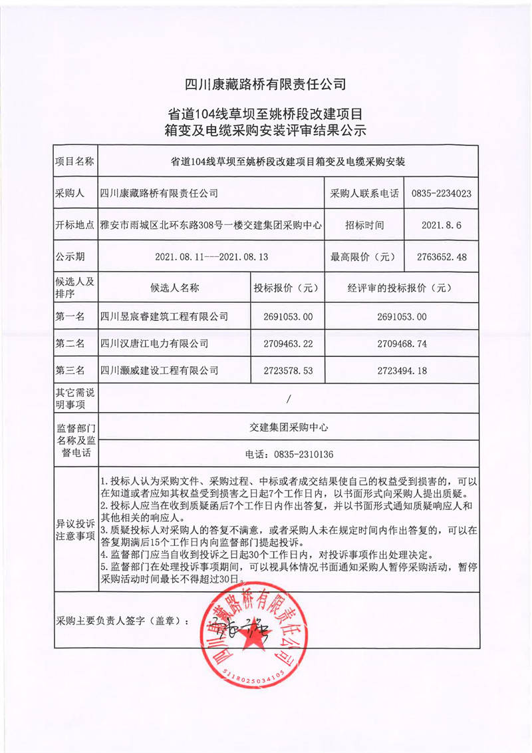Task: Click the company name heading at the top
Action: tap(266, 84)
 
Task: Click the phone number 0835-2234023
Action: tap(442, 194)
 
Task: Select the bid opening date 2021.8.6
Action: tap(442, 226)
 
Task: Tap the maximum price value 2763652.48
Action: tap(442, 256)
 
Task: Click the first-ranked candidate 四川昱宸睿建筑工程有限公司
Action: tap(164, 316)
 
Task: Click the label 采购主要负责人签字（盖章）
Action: tap(122, 621)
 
